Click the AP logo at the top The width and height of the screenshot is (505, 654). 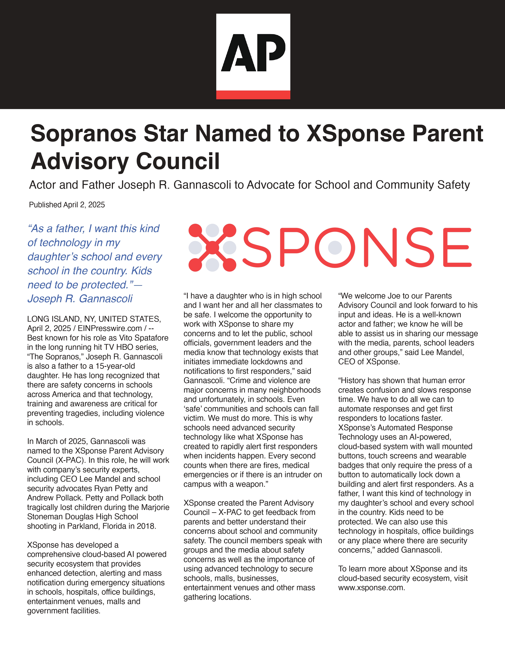253,52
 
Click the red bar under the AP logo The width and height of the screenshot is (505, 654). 253,95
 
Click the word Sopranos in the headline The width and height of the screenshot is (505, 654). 83,134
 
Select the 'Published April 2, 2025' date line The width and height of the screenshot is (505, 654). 67,205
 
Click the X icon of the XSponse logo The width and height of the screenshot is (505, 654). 212,247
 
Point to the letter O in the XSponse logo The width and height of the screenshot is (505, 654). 335,247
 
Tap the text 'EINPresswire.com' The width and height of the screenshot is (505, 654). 110,328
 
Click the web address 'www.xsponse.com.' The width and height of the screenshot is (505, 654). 372,588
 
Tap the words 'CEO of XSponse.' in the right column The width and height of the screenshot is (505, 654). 369,361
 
